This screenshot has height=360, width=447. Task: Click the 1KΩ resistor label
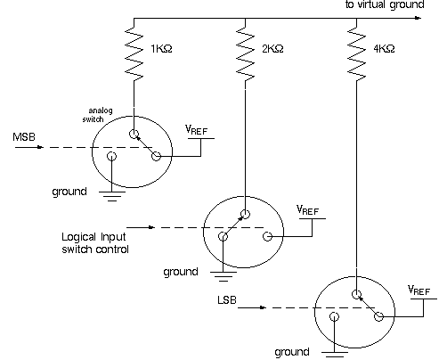[x=161, y=48]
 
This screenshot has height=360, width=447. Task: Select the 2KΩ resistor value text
[x=272, y=48]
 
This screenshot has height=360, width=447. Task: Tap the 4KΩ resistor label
[x=384, y=48]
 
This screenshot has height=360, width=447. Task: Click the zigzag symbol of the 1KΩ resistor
[x=134, y=53]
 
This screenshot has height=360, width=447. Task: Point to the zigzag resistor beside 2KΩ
[x=245, y=53]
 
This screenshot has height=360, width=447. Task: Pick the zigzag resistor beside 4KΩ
[x=356, y=53]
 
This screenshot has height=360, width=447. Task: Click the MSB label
[x=24, y=137]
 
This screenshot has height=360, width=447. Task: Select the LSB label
[x=227, y=300]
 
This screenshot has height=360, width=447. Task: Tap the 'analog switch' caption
[x=97, y=115]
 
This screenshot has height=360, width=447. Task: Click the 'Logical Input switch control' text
[x=95, y=243]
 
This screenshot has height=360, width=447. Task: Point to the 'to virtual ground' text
[x=385, y=4]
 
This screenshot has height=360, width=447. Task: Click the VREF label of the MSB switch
[x=196, y=130]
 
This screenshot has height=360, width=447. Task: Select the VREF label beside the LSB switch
[x=419, y=290]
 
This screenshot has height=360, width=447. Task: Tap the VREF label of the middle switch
[x=307, y=210]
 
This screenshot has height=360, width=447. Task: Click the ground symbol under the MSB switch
[x=112, y=196]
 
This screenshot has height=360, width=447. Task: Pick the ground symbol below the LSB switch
[x=335, y=355]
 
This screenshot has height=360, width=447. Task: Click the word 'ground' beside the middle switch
[x=181, y=272]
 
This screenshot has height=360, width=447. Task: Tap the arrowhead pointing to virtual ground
[x=418, y=18]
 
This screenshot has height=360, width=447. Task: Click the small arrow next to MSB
[x=29, y=147]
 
